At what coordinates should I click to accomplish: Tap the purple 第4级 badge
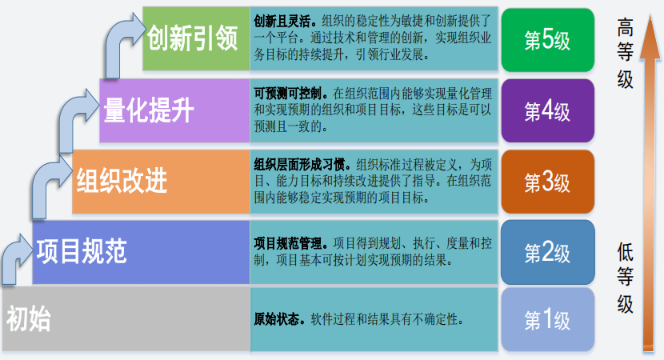pyautogui.click(x=547, y=110)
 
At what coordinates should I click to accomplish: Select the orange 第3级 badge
pyautogui.click(x=547, y=182)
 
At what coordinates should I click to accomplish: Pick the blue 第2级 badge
pyautogui.click(x=547, y=252)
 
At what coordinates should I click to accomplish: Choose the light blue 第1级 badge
pyautogui.click(x=547, y=321)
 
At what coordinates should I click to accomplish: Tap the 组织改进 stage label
pyautogui.click(x=122, y=182)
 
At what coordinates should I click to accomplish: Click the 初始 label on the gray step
pyautogui.click(x=29, y=319)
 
